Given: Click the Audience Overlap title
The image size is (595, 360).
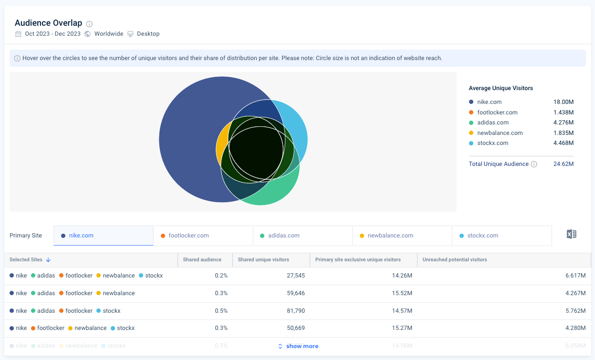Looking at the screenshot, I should pos(48,23).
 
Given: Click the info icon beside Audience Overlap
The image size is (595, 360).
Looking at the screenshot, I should pos(89,24).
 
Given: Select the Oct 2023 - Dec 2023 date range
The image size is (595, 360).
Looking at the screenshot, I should pos(52,34).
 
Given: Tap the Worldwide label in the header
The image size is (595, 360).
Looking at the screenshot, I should pos(108,34).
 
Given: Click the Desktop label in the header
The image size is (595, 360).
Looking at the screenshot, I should pos(148,34).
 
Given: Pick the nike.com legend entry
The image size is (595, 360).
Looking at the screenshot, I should pos(489,102).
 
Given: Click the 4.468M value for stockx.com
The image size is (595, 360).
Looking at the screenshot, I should pos(564,143).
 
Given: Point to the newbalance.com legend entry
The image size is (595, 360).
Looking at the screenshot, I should pos(500,133).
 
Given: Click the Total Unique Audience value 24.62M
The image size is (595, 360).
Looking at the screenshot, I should pos(564,164).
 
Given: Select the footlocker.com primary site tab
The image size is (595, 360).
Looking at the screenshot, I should pos(188,236).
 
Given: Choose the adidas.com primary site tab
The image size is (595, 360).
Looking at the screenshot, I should pos(283,236).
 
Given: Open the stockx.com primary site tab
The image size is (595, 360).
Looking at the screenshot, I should pos(483,236).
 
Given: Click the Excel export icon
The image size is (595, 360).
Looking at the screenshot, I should pos(571,234).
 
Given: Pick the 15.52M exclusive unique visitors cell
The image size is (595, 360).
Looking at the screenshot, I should pos(402,293).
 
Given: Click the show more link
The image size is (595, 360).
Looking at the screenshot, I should pos(302,346).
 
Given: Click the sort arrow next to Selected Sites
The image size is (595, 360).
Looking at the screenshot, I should pos(49,260).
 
